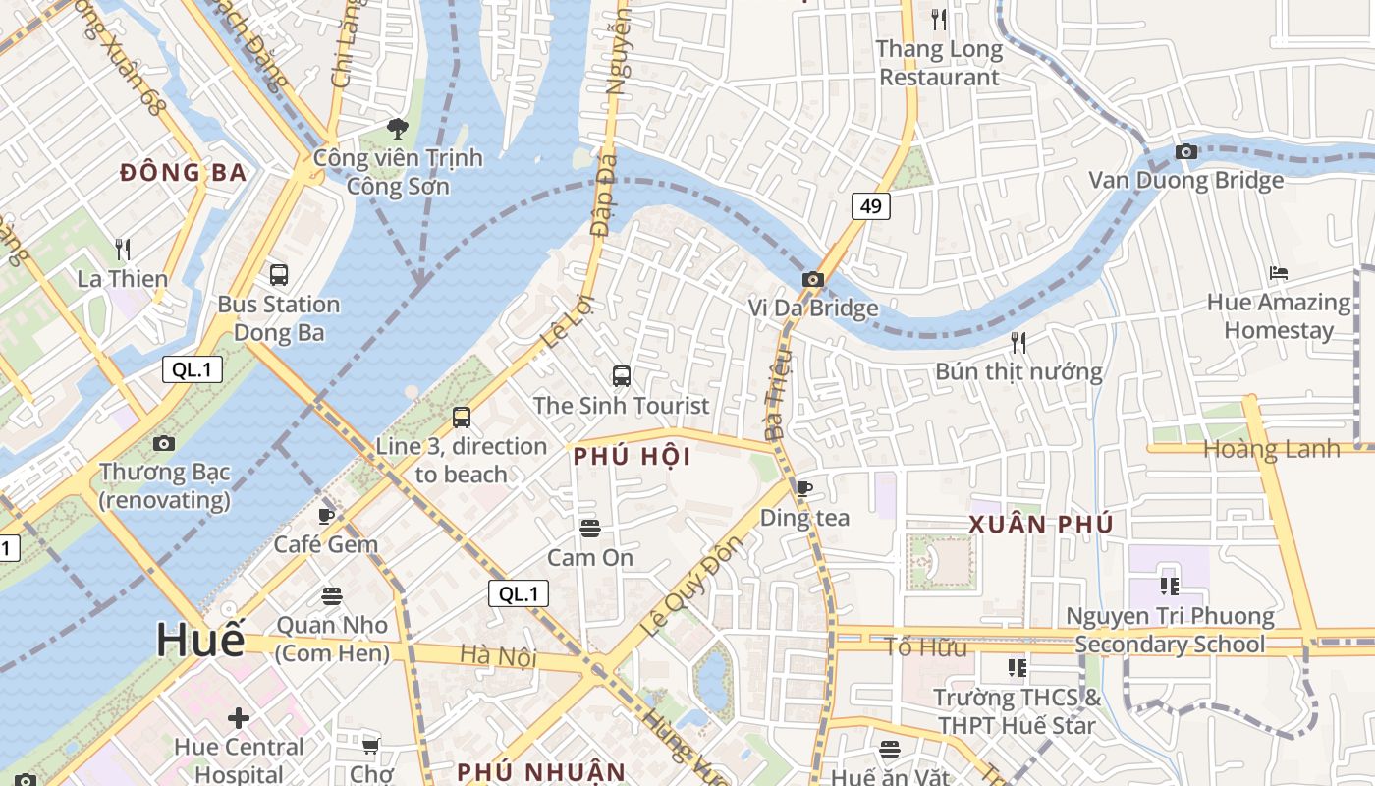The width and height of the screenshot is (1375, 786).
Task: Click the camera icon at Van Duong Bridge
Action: (x=1186, y=151)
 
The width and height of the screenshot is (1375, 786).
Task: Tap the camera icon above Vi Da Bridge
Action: (x=812, y=279)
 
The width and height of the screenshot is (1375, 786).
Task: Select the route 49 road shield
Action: (x=871, y=205)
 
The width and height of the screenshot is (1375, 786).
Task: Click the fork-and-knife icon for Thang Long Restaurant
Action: (x=939, y=19)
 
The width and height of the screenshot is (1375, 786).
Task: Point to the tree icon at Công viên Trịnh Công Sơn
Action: (x=398, y=128)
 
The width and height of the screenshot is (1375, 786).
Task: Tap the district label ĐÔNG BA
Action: (x=183, y=173)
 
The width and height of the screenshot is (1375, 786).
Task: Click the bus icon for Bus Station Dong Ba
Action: (x=279, y=275)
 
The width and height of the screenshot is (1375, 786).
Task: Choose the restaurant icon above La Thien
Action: (x=123, y=249)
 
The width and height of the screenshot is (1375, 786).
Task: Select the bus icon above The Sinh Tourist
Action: (x=621, y=375)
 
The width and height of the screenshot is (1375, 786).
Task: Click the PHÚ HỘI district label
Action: (x=632, y=457)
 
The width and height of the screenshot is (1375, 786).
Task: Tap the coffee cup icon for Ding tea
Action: (x=804, y=488)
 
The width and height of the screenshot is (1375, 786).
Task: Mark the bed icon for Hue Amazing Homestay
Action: (x=1278, y=272)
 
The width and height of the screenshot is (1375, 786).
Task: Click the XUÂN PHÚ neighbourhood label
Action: (x=1041, y=525)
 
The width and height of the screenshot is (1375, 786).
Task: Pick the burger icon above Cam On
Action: (x=589, y=529)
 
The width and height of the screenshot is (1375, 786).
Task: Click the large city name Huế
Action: (x=200, y=641)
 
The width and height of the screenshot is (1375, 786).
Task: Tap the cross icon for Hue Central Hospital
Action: (x=238, y=718)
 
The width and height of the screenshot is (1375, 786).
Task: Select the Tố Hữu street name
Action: (x=925, y=647)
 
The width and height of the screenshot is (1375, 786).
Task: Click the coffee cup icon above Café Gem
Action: (x=326, y=515)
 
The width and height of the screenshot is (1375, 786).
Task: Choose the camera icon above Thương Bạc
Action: (x=164, y=443)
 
